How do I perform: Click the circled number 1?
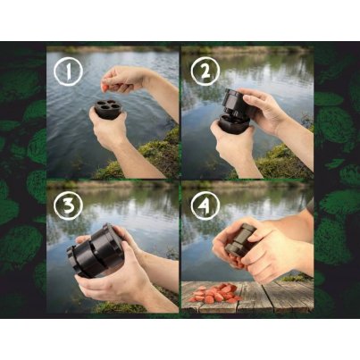click(68, 71)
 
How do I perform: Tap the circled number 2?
click(205, 71)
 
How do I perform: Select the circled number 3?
click(68, 205)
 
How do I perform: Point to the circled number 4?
click(205, 205)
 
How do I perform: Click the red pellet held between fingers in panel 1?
click(105, 88)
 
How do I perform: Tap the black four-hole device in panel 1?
click(110, 109)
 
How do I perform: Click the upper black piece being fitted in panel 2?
click(236, 101)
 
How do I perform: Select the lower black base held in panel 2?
click(233, 123)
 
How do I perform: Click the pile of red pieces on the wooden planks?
click(215, 293)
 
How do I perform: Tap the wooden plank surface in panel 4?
click(247, 297)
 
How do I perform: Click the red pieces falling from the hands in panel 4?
click(235, 262)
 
